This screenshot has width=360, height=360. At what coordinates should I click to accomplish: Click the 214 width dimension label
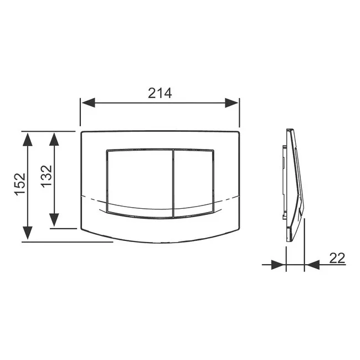[x=160, y=93]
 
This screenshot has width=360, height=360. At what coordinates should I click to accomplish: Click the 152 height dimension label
[x=20, y=184]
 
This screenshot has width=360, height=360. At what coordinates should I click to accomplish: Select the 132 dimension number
[x=47, y=176]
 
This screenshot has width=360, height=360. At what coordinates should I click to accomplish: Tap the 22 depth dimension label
[x=337, y=258]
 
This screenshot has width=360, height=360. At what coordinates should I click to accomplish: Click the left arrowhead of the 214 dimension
[x=89, y=102]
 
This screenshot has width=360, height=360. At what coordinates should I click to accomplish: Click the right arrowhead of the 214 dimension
[x=232, y=102]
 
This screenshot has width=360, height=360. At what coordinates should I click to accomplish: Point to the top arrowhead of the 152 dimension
[x=28, y=140]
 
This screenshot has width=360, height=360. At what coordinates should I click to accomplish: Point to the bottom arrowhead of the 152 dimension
[x=28, y=233]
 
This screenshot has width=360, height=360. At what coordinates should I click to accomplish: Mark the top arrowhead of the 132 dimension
[x=54, y=139]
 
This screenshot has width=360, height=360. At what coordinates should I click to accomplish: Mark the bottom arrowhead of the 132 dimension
[x=54, y=220]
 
